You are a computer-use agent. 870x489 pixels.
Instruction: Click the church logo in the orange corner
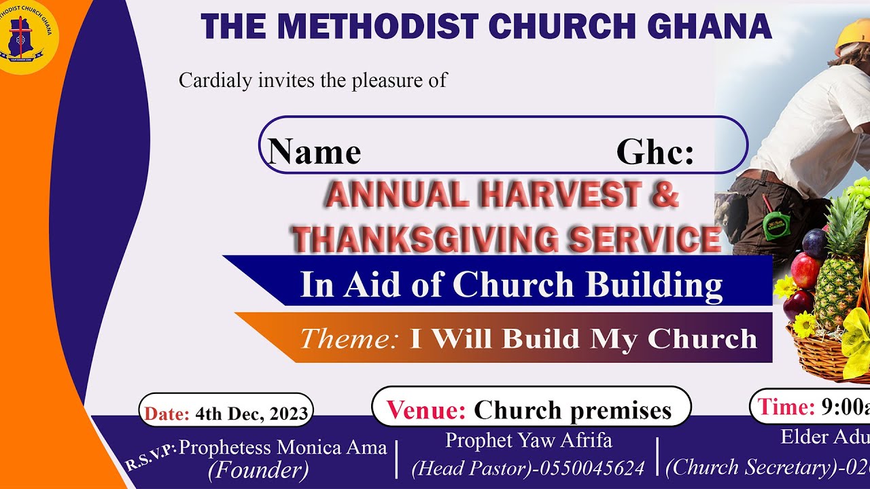coord(29,37)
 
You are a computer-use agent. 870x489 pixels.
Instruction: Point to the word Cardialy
coord(215,80)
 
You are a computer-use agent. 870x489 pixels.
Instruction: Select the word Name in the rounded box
coord(314,151)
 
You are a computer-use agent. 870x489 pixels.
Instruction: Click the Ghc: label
coord(655,152)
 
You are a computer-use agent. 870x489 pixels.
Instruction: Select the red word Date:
coord(167,414)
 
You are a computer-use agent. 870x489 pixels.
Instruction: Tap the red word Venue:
coord(426,410)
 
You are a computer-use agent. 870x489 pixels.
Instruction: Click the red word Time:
coord(786,407)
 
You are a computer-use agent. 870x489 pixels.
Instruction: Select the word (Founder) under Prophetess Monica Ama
coord(258,469)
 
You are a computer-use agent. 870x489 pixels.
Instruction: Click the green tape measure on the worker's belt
coord(774,225)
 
